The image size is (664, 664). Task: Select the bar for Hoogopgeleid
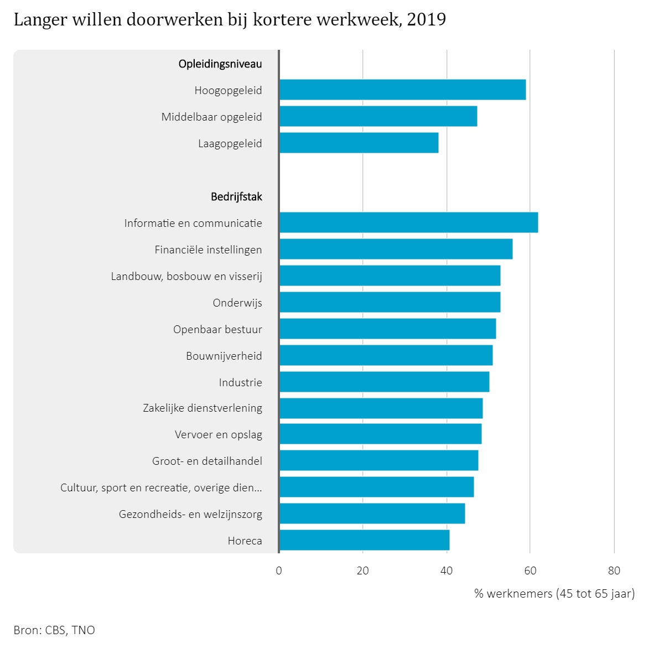click(402, 90)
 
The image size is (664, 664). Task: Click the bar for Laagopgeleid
click(359, 143)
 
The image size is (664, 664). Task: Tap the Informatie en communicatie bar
click(408, 222)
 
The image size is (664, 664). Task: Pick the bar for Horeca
click(364, 540)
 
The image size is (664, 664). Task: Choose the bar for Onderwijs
click(390, 302)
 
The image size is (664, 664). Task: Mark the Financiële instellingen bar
click(396, 249)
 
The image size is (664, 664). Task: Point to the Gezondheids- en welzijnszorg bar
click(372, 513)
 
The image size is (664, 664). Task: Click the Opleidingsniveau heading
click(220, 64)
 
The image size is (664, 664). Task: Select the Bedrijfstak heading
click(236, 197)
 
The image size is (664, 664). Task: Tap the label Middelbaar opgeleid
click(212, 117)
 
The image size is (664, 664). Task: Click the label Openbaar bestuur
click(217, 330)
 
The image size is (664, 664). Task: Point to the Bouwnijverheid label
click(224, 356)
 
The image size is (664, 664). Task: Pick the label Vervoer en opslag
click(219, 435)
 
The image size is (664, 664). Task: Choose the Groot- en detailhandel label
click(207, 461)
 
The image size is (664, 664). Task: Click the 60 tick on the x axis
click(530, 571)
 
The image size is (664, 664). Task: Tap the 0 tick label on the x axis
click(279, 571)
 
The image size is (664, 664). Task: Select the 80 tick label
click(614, 571)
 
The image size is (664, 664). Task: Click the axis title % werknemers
click(554, 594)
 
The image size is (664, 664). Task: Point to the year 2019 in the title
click(426, 20)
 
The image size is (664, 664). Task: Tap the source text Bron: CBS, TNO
click(54, 630)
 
